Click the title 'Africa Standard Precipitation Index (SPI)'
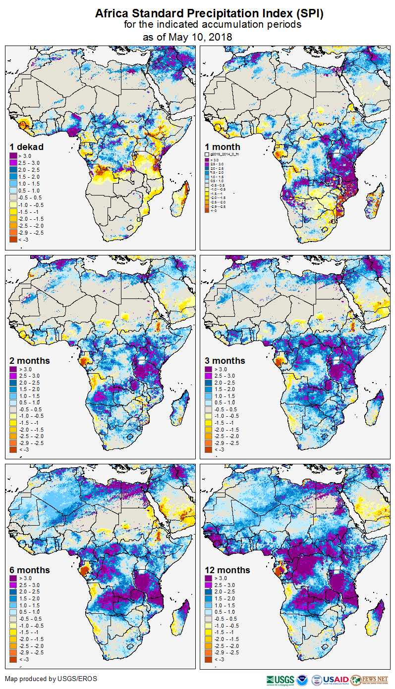[209, 13]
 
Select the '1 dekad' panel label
[27, 147]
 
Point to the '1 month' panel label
[223, 147]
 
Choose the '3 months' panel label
[225, 361]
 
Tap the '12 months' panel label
[227, 570]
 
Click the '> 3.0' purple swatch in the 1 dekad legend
[13, 156]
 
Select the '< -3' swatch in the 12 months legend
[209, 659]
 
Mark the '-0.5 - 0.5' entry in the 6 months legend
[30, 619]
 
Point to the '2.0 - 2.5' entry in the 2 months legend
[29, 383]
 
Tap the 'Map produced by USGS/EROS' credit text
[51, 679]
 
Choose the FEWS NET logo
[369, 680]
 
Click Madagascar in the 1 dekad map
[181, 198]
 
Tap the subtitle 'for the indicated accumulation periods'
[212, 25]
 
